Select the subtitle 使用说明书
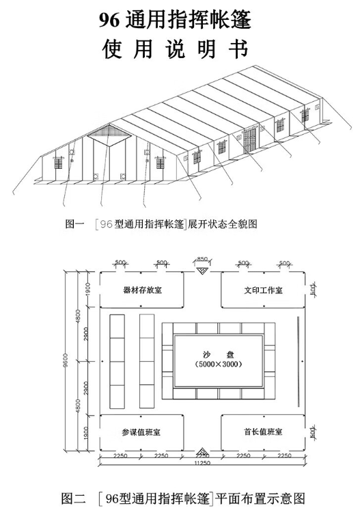(180, 49)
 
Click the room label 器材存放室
(142, 290)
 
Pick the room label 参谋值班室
(142, 432)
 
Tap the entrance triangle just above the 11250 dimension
(203, 453)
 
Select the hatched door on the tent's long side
(249, 140)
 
